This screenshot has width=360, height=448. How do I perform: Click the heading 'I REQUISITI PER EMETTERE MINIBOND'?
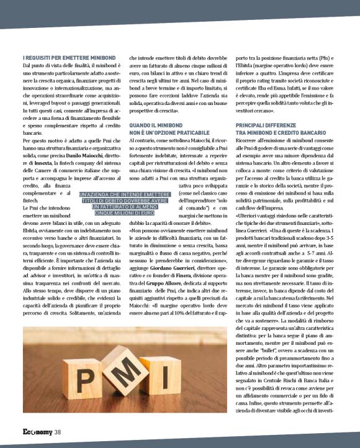(66, 58)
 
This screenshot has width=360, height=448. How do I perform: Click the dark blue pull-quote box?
(124, 203)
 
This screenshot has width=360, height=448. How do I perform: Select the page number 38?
(57, 432)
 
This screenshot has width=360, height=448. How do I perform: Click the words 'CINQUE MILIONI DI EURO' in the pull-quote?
(124, 213)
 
